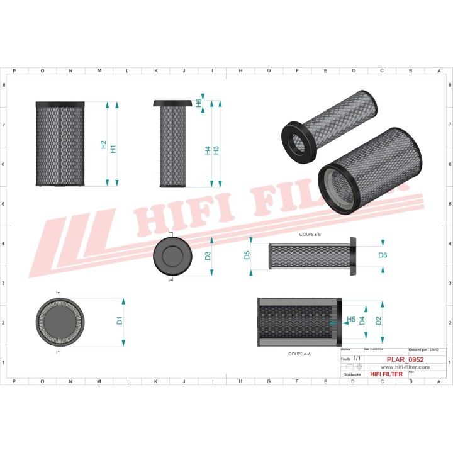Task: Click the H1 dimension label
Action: click(113, 149)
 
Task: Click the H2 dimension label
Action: click(104, 145)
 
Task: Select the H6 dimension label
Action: click(199, 103)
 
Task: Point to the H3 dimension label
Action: click(216, 150)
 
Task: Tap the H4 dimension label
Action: click(208, 150)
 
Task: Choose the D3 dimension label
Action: click(208, 255)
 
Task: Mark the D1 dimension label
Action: click(120, 320)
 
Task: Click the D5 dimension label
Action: click(247, 255)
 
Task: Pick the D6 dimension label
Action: click(383, 255)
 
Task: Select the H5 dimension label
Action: click(351, 320)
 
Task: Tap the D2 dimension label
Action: click(378, 320)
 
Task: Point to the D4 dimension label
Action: click(362, 320)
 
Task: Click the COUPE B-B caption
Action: click(310, 233)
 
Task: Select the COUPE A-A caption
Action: click(299, 354)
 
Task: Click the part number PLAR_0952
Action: click(405, 359)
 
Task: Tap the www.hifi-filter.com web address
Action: click(405, 367)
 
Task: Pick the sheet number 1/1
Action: click(357, 358)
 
